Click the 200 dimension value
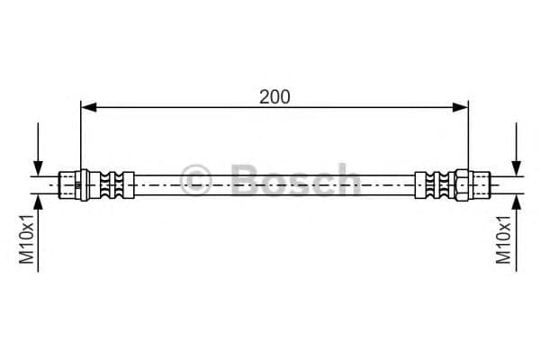[274, 97]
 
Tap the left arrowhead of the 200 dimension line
[87, 108]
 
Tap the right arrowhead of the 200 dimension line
[462, 108]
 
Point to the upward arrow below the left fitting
[38, 199]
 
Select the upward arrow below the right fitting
[516, 199]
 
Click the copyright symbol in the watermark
[196, 180]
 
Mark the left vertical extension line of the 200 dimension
[81, 135]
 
